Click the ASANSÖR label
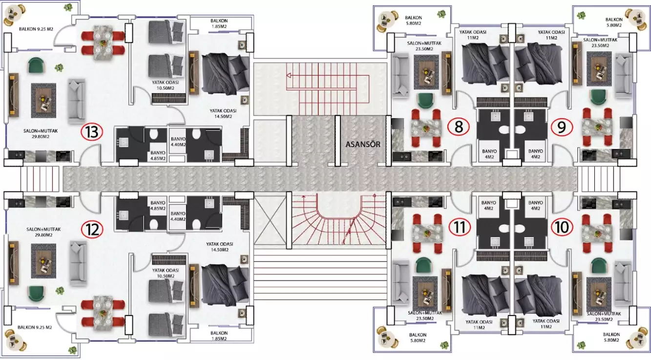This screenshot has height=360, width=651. [x=363, y=144]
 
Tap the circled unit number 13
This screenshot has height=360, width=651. [x=92, y=132]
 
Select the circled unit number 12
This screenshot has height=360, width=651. [x=92, y=230]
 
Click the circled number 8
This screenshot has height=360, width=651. [x=458, y=127]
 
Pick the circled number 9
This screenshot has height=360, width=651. [x=562, y=127]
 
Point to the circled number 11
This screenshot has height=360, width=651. [x=460, y=227]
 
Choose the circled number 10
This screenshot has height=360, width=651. [x=562, y=227]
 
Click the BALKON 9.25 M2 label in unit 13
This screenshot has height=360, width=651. [x=36, y=29]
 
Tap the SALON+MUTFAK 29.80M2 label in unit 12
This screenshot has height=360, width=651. [x=43, y=232]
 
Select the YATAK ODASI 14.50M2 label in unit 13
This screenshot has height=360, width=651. [x=223, y=113]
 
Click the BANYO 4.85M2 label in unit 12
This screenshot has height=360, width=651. [x=158, y=206]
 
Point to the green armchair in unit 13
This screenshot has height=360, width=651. [x=36, y=65]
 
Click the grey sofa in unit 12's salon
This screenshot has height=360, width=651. [x=78, y=263]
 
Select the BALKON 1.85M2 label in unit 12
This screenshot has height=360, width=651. [x=219, y=336]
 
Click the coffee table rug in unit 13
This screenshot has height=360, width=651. [x=43, y=101]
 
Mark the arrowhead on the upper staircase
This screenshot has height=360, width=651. [x=289, y=76]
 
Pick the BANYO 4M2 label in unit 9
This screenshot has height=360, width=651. [x=535, y=154]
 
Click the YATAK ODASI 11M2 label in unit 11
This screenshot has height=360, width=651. [x=479, y=324]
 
